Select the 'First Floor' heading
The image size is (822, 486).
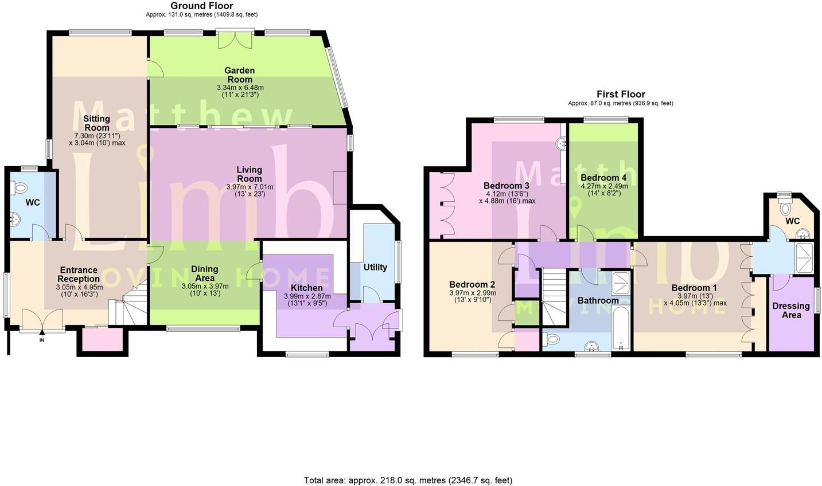tap(620, 94)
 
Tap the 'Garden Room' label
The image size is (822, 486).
tap(240, 75)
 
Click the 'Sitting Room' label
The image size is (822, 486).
tap(96, 123)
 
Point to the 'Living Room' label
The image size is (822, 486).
tap(250, 174)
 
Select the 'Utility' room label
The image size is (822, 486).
tap(375, 267)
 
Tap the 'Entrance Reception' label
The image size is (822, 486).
tap(79, 275)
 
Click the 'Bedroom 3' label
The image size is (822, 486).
tap(506, 186)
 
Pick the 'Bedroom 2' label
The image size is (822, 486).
tap(472, 284)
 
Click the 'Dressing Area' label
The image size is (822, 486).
tap(791, 310)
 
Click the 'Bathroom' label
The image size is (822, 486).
tap(598, 300)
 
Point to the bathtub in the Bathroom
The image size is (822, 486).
tap(621, 329)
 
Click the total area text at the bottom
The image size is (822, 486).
tap(407, 480)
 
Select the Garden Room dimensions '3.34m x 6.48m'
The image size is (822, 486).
tap(240, 88)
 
